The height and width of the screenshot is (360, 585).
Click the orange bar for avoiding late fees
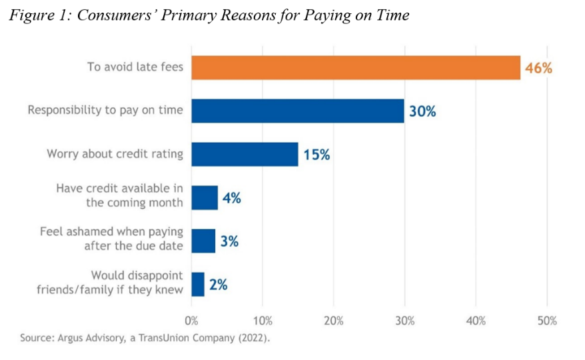356,67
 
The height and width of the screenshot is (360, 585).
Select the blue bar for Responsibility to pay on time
298,111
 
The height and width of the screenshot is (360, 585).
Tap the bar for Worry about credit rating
245,154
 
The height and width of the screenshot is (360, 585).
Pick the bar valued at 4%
205,197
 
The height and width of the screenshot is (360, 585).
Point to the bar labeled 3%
203,241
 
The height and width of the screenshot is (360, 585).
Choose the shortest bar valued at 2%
198,284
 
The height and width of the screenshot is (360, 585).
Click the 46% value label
538,68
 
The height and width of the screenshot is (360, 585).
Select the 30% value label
422,111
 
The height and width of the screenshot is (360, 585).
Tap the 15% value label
316,155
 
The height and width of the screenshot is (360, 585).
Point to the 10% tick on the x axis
263,321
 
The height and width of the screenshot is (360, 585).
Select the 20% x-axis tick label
333,321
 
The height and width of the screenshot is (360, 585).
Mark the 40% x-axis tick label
476,321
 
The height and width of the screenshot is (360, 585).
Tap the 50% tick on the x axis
546,321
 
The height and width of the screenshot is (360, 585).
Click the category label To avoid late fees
135,67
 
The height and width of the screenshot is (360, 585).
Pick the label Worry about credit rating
115,153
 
